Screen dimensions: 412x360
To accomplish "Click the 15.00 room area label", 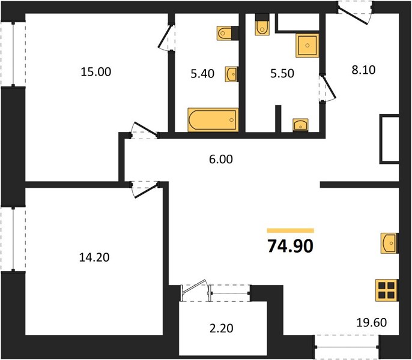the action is point(96,71).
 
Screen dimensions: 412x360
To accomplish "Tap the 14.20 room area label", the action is point(94,257).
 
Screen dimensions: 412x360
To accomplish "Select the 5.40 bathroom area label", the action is point(202,74).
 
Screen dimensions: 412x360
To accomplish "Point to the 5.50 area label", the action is point(282,73).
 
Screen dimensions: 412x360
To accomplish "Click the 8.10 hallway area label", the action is point(364,70).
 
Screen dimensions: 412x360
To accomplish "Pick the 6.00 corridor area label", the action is point(221,160).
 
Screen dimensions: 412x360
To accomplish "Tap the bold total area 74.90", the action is point(290,247).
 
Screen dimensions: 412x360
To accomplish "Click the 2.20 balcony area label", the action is point(221,328).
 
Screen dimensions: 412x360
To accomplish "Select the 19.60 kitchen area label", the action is point(372,322).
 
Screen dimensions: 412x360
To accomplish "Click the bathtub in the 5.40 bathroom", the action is point(213,120).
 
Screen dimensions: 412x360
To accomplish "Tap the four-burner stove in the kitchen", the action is point(387,290).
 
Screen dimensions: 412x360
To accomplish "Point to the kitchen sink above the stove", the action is point(389,243).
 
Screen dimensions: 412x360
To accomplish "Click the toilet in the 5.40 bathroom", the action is point(225,34).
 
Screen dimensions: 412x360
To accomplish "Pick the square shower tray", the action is point(307,45).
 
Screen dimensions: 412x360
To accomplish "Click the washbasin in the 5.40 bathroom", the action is point(231,74).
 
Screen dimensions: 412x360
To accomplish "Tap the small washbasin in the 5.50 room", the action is point(300,125).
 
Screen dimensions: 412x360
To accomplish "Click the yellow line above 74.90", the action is point(290,230).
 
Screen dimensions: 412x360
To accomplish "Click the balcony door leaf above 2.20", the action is point(195,286).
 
